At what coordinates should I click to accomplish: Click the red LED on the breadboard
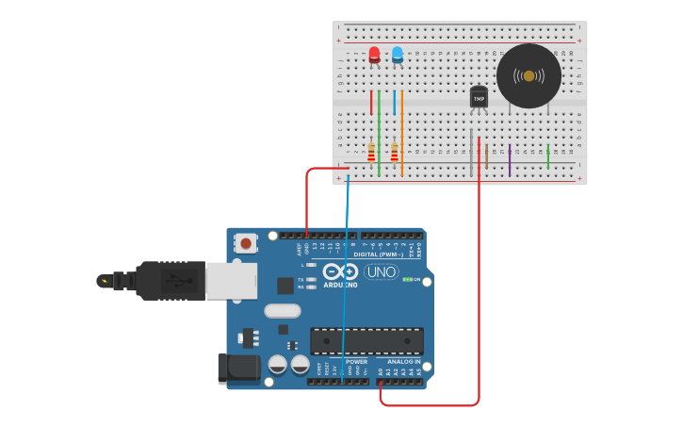pyautogui.click(x=374, y=55)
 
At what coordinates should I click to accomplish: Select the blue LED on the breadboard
pyautogui.click(x=397, y=55)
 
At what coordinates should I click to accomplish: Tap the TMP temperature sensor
pyautogui.click(x=479, y=97)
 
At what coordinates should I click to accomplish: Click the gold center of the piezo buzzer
pyautogui.click(x=529, y=75)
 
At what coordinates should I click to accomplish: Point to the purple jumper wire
pyautogui.click(x=510, y=160)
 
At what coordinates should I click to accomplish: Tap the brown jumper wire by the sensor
pyautogui.click(x=486, y=156)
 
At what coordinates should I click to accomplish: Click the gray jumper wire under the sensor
pyautogui.click(x=471, y=156)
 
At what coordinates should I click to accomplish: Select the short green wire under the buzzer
pyautogui.click(x=548, y=156)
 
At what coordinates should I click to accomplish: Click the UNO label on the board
pyautogui.click(x=381, y=272)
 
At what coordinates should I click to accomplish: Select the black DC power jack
pyautogui.click(x=238, y=369)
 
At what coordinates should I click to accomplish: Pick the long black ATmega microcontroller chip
pyautogui.click(x=366, y=341)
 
